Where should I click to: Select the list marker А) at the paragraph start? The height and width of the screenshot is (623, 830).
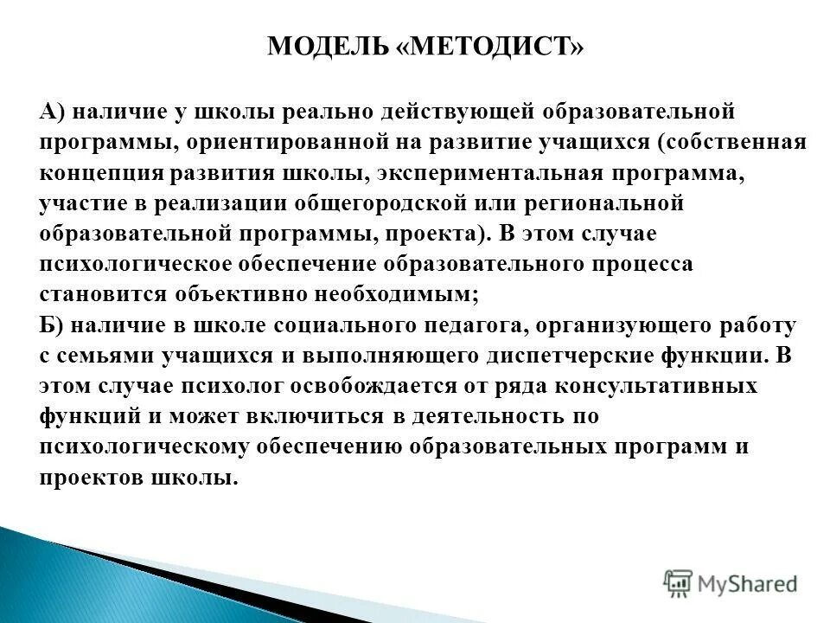52,112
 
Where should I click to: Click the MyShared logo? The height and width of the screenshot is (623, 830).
731,581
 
